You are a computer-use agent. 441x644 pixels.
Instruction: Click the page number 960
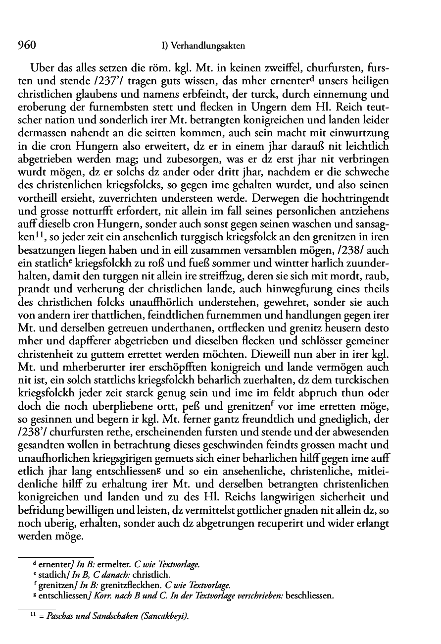pyautogui.click(x=25, y=46)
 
